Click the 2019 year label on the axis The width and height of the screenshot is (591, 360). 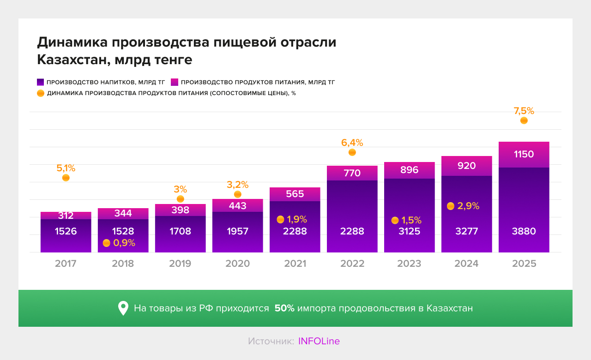[x=180, y=264]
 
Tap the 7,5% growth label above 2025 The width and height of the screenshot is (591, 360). [x=524, y=111]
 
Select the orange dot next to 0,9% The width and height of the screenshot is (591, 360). [x=107, y=243]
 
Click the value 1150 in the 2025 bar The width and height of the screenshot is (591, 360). [x=524, y=154]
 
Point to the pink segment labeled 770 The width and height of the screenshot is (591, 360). [x=352, y=173]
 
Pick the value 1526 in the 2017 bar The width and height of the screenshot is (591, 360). [x=66, y=231]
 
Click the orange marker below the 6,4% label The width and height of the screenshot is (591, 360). [x=352, y=152]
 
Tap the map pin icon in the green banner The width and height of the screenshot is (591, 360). [x=123, y=308]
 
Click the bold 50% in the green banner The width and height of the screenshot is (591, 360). [x=284, y=308]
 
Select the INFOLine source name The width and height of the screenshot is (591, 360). [x=319, y=341]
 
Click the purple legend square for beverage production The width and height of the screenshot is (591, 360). [x=41, y=82]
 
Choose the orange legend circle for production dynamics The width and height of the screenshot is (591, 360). [x=41, y=93]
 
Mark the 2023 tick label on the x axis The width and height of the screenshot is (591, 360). [x=409, y=264]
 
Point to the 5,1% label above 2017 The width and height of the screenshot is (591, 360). [x=66, y=168]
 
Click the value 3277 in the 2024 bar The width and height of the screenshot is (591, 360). [x=466, y=231]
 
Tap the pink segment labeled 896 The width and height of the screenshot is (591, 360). [x=409, y=170]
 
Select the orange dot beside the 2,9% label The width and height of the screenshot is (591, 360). [x=451, y=206]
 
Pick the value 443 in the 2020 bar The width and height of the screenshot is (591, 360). [x=237, y=206]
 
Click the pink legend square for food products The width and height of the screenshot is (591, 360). [x=175, y=82]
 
